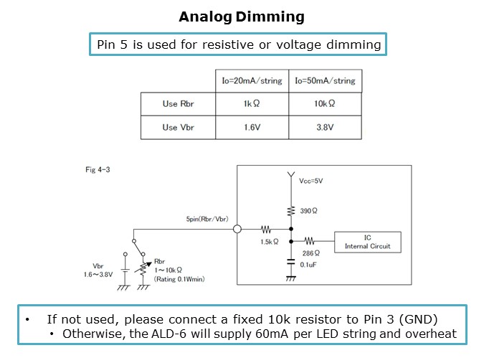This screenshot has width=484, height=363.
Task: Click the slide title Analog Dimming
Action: coord(241,16)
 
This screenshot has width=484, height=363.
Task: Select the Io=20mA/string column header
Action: coord(252,80)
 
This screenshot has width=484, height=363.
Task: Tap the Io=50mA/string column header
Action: coord(325,80)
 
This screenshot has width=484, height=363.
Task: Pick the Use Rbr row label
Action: coord(178,104)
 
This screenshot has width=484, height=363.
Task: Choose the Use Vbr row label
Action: coord(178,127)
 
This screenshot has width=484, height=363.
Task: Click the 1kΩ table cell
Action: coord(252,104)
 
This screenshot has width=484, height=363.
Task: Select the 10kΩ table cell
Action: coord(325,104)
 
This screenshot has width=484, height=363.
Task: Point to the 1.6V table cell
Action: coord(252,127)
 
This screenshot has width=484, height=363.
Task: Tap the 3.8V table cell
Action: coord(325,127)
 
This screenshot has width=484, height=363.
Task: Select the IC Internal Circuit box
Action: coord(367,242)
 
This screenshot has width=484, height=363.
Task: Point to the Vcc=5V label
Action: coord(311,181)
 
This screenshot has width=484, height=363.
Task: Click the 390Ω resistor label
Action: coord(309,211)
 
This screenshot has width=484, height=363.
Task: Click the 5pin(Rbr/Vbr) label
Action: coord(206,219)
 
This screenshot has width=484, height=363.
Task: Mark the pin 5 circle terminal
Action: coord(238,230)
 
